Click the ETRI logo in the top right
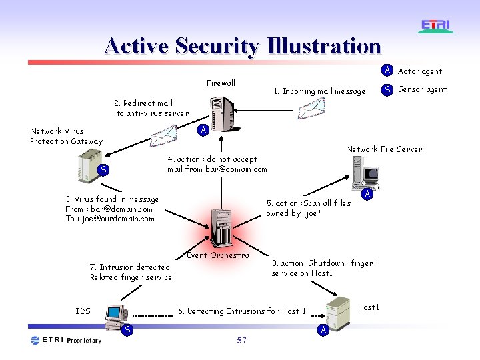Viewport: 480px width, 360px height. pos(437,26)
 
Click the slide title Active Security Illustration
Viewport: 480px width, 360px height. pos(243,46)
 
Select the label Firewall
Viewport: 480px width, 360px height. pos(221,83)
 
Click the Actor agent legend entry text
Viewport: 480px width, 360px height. pos(419,71)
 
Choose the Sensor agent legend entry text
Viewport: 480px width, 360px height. pos(422,89)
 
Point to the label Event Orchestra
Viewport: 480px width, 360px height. pos(218,255)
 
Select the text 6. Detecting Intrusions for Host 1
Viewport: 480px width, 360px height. pos(242,311)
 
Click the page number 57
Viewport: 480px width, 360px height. pos(241,341)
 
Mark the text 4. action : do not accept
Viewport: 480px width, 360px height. pos(212,159)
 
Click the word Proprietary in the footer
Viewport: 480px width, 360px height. pos(84,341)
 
